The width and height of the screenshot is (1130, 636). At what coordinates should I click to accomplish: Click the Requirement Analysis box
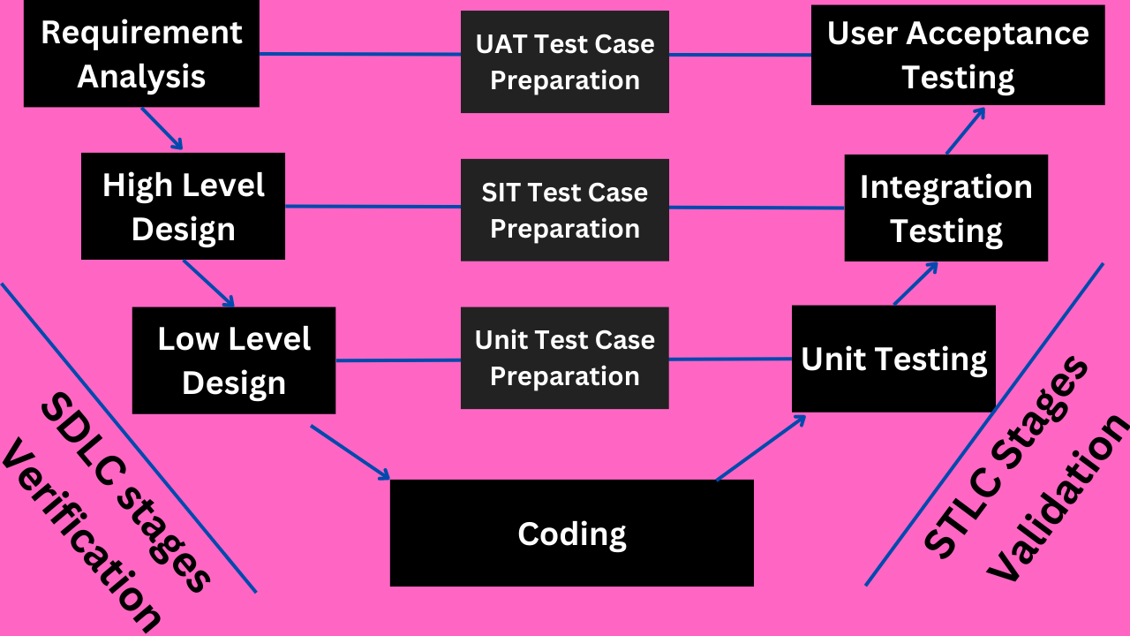[x=141, y=55]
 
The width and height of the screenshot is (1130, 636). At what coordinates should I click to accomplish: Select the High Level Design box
[x=183, y=207]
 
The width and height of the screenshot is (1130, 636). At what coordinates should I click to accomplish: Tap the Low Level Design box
[x=234, y=360]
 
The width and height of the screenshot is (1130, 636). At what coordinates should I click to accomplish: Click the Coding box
[x=571, y=534]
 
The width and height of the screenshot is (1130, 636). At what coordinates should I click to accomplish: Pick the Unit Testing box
[x=893, y=359]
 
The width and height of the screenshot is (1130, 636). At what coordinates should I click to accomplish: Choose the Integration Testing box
[x=945, y=208]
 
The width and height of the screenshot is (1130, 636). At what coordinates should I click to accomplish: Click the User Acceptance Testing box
[x=958, y=55]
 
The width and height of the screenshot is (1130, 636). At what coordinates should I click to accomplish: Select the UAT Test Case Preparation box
[x=565, y=62]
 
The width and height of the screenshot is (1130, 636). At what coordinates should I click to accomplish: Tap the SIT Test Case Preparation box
[x=565, y=210]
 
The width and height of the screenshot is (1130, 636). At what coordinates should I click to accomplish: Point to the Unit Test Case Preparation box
[x=565, y=358]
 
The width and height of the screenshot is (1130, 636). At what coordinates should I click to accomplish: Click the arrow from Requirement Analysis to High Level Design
[x=162, y=129]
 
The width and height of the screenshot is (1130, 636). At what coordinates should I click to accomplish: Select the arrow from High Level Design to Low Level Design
[x=209, y=284]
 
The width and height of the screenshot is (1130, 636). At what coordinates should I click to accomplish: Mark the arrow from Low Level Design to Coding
[x=350, y=452]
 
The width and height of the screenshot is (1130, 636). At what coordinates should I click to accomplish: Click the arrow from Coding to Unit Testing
[x=761, y=448]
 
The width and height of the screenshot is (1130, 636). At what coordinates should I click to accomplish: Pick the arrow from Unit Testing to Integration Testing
[x=915, y=284]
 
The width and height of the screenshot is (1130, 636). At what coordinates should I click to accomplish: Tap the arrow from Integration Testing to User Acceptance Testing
[x=967, y=131]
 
